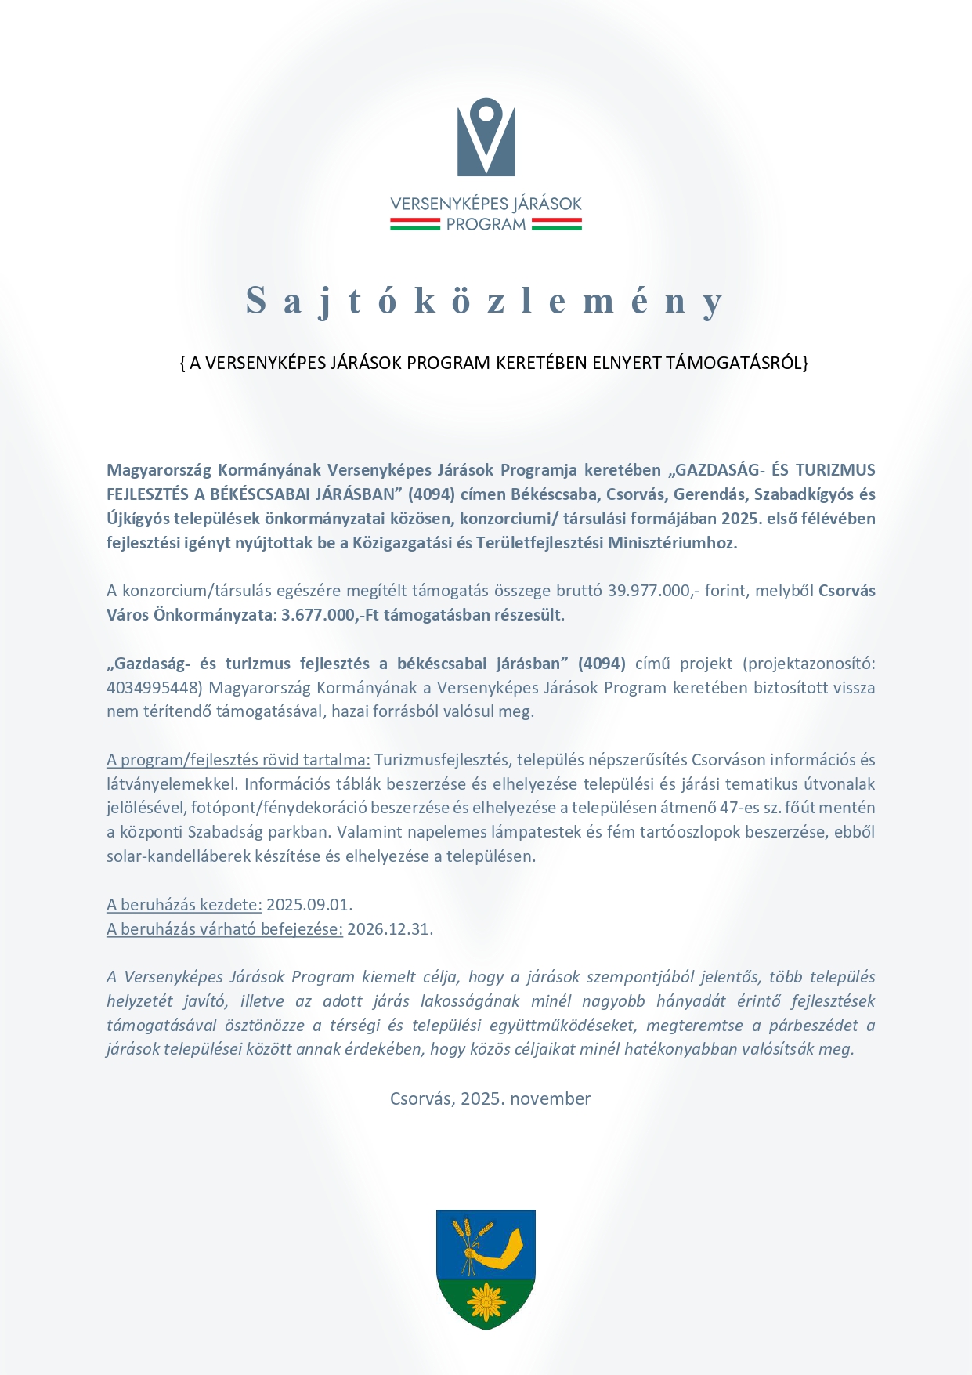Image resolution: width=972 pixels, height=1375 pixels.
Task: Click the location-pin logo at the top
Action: pos(486,136)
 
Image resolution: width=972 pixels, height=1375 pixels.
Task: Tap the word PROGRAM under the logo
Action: pos(486,225)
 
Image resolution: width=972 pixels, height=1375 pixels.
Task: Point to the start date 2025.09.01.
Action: pos(309,905)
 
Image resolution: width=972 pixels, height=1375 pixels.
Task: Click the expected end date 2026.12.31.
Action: pos(390,929)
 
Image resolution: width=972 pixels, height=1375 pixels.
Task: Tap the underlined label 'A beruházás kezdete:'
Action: pos(184,905)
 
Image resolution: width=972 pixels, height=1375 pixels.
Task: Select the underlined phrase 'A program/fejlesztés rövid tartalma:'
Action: pos(238,760)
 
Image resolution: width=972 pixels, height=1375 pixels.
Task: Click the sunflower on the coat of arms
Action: pos(486,1301)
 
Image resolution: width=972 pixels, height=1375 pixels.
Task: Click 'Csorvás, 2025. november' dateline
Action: pos(490,1098)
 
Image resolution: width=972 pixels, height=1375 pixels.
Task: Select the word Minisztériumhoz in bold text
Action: pos(673,543)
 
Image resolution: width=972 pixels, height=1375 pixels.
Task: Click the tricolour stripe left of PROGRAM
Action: pos(415,225)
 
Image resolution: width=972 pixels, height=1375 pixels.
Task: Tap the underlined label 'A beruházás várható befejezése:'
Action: pos(225,929)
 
